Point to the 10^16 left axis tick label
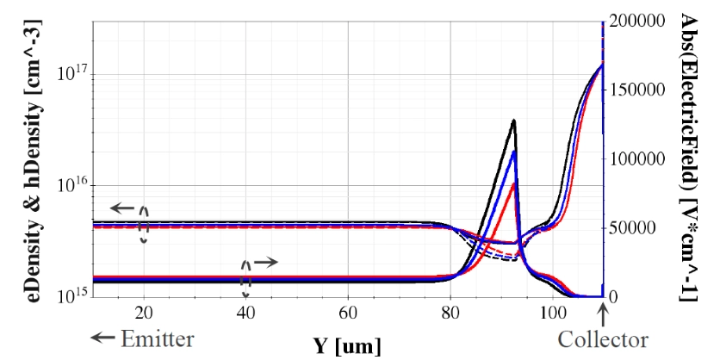(69, 184)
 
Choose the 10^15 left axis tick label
(69, 296)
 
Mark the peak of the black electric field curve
(514, 121)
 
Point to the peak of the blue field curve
(514, 152)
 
